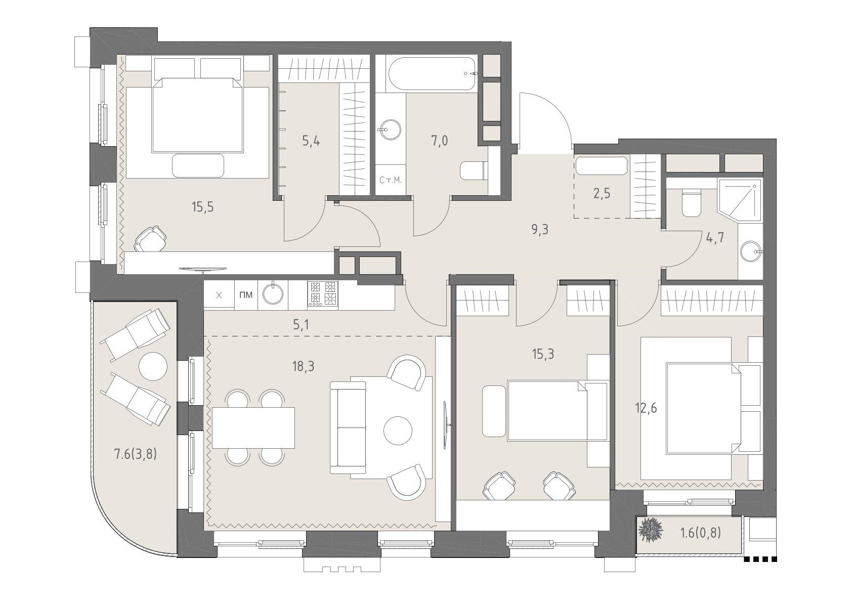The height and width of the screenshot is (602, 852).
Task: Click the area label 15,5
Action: tap(203, 207)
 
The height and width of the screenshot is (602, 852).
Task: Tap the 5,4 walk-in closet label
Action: tap(311, 141)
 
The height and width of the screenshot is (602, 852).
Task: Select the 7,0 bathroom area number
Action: tap(439, 141)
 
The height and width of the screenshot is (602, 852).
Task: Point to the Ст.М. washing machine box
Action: tap(390, 180)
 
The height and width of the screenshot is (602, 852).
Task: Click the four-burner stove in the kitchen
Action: tap(323, 293)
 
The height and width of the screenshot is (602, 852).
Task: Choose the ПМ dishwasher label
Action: tap(246, 295)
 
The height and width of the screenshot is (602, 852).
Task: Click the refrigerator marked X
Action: tap(219, 295)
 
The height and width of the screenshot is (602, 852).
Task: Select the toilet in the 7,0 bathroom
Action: tap(474, 171)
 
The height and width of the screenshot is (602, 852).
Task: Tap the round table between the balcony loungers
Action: tap(153, 366)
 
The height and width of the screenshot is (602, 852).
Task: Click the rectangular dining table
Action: tap(253, 428)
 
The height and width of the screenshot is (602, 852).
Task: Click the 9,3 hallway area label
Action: tap(540, 230)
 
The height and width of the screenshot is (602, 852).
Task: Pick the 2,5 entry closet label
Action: tap(602, 194)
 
